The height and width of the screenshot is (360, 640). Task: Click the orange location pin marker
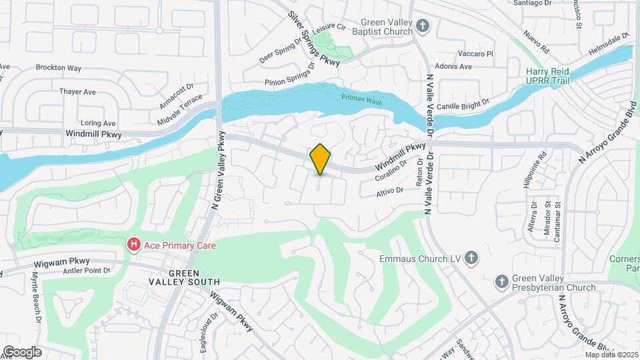321,159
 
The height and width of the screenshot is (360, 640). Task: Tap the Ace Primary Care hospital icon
134,245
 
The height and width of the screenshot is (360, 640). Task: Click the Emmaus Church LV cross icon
471,258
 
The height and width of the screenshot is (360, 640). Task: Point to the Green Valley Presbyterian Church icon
502,282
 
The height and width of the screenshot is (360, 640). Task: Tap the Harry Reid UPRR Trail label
549,75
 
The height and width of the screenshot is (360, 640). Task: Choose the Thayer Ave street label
78,92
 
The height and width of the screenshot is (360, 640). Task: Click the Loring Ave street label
98,123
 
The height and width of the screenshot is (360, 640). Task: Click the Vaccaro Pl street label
475,53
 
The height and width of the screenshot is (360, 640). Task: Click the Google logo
22,351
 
